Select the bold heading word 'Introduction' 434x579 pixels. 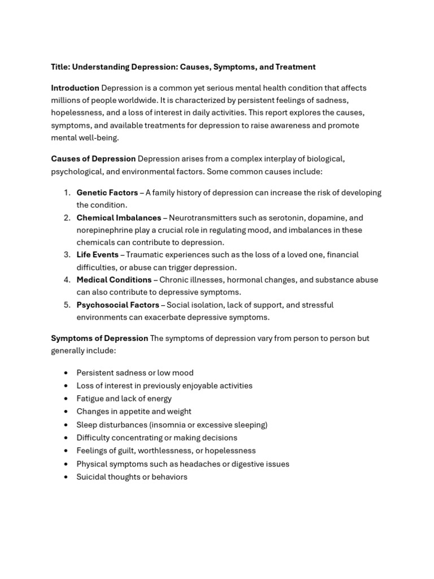(75, 88)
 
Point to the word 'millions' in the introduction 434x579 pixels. (66, 101)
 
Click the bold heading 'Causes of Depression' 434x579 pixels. (93, 159)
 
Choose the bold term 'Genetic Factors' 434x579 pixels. (107, 193)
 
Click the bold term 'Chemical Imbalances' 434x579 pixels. (119, 218)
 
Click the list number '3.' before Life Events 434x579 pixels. (67, 255)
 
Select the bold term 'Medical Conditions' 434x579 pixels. (114, 280)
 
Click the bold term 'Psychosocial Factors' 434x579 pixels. (118, 305)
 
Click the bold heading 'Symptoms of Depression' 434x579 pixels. (99, 339)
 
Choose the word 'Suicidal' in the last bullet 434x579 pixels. (92, 477)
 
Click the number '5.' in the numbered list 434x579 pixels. (67, 305)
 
